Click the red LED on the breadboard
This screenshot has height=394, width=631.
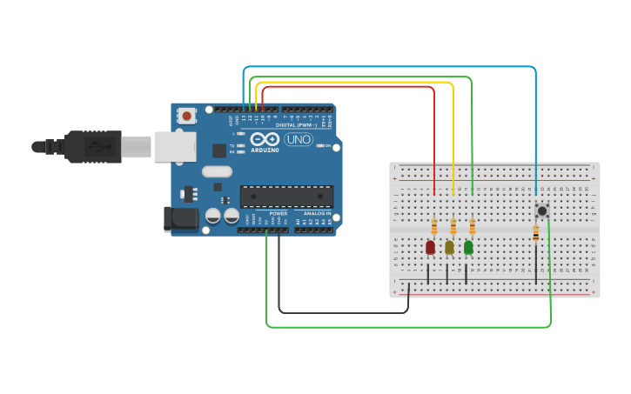[x=430, y=248]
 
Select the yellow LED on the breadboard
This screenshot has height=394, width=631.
[x=449, y=248]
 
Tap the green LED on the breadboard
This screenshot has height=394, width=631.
[x=468, y=248]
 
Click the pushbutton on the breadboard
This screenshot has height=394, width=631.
[x=542, y=210]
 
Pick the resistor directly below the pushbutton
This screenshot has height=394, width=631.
[x=535, y=232]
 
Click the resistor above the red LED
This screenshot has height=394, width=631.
[x=434, y=227]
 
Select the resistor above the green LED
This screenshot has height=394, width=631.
[x=472, y=227]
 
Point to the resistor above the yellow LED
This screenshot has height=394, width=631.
[x=453, y=227]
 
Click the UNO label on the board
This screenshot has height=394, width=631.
[x=299, y=139]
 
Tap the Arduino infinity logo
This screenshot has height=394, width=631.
[x=265, y=139]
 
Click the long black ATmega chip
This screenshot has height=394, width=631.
[x=286, y=197]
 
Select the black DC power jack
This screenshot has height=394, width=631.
[x=181, y=218]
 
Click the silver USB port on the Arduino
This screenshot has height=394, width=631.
[x=175, y=147]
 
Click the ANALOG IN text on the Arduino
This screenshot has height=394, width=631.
[x=317, y=213]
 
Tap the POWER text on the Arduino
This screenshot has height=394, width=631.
[x=279, y=213]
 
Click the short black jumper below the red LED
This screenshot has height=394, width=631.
[x=428, y=274]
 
